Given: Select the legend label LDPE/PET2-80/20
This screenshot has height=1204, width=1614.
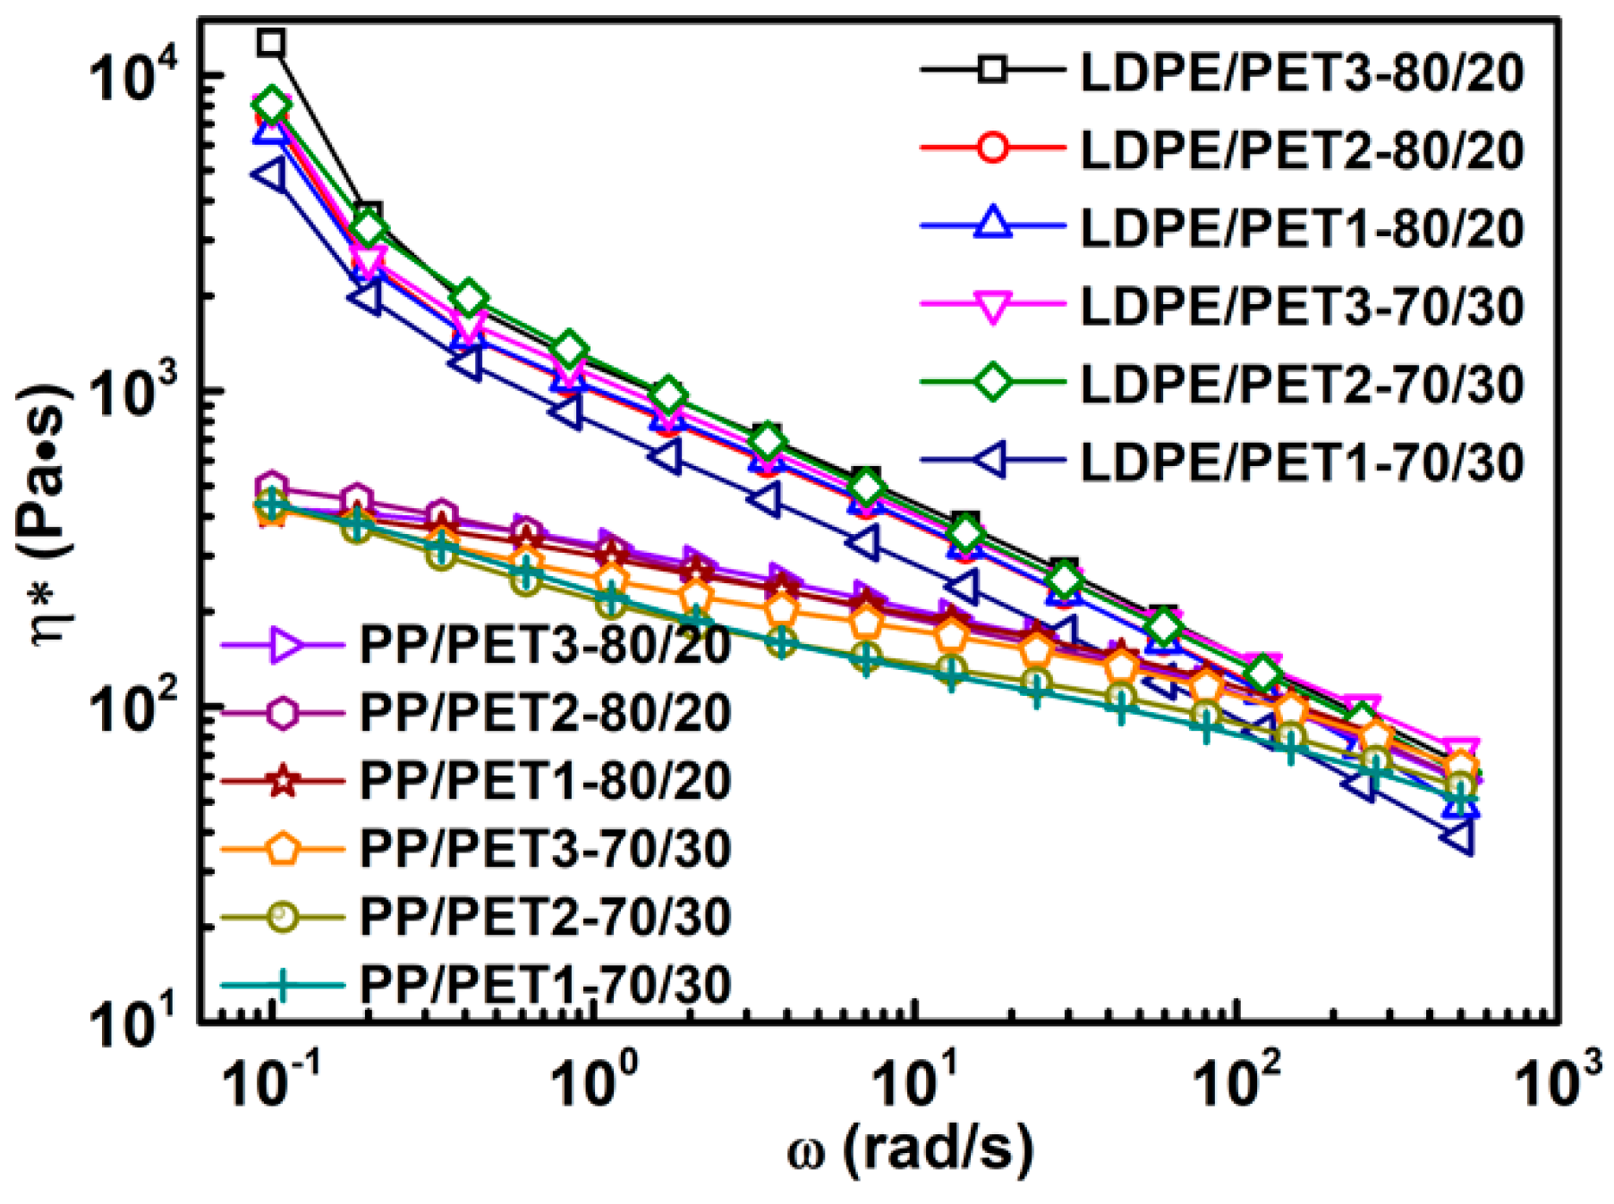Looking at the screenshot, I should click(x=1302, y=149).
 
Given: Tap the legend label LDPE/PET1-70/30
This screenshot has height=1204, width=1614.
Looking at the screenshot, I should click(x=1302, y=462).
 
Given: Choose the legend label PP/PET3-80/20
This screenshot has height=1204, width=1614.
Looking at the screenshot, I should click(x=545, y=645).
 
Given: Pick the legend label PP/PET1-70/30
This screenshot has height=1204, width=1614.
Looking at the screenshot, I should click(x=545, y=985).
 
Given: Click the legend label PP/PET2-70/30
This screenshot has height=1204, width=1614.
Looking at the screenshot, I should click(x=545, y=917).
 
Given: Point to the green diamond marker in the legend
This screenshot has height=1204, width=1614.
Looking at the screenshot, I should click(x=992, y=384).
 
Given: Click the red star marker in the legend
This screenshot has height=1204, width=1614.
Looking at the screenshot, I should click(x=283, y=781).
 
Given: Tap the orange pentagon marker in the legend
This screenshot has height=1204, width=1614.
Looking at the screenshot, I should click(x=283, y=849).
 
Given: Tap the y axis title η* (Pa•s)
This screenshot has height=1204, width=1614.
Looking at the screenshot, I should click(x=49, y=516).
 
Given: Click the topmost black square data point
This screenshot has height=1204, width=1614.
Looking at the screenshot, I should click(x=271, y=42).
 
